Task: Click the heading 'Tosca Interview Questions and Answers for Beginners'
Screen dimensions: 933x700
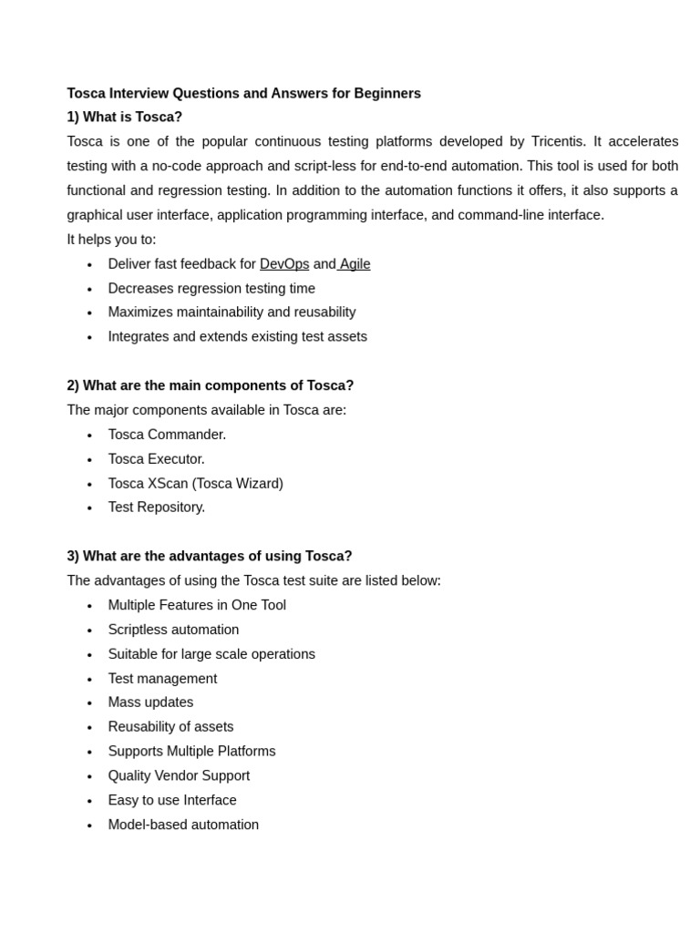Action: click(243, 93)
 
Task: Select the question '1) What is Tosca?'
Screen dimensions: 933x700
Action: click(124, 117)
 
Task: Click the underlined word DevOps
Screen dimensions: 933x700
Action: click(284, 264)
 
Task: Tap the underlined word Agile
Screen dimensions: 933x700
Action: click(355, 264)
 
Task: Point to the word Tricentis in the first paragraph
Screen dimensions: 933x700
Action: click(557, 141)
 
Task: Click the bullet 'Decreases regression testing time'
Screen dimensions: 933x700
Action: click(211, 289)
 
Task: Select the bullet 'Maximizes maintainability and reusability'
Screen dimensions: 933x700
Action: click(232, 313)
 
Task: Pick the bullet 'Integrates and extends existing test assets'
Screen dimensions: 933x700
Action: click(237, 337)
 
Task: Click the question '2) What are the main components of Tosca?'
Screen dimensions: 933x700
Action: click(210, 385)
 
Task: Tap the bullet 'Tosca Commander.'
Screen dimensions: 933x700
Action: click(167, 435)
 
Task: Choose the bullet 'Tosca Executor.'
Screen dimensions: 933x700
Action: click(156, 459)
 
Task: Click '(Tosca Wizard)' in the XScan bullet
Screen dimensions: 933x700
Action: click(237, 484)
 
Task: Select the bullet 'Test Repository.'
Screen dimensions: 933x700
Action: click(156, 508)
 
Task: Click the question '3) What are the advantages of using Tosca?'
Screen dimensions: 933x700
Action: click(209, 556)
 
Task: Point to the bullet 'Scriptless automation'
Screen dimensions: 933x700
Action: click(173, 630)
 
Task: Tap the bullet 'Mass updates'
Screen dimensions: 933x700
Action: click(150, 702)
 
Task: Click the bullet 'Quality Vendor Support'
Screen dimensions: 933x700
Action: click(179, 776)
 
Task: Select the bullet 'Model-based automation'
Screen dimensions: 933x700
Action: click(183, 825)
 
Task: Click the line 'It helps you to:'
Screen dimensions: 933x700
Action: click(111, 240)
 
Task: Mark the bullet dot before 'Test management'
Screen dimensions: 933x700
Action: click(89, 680)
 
